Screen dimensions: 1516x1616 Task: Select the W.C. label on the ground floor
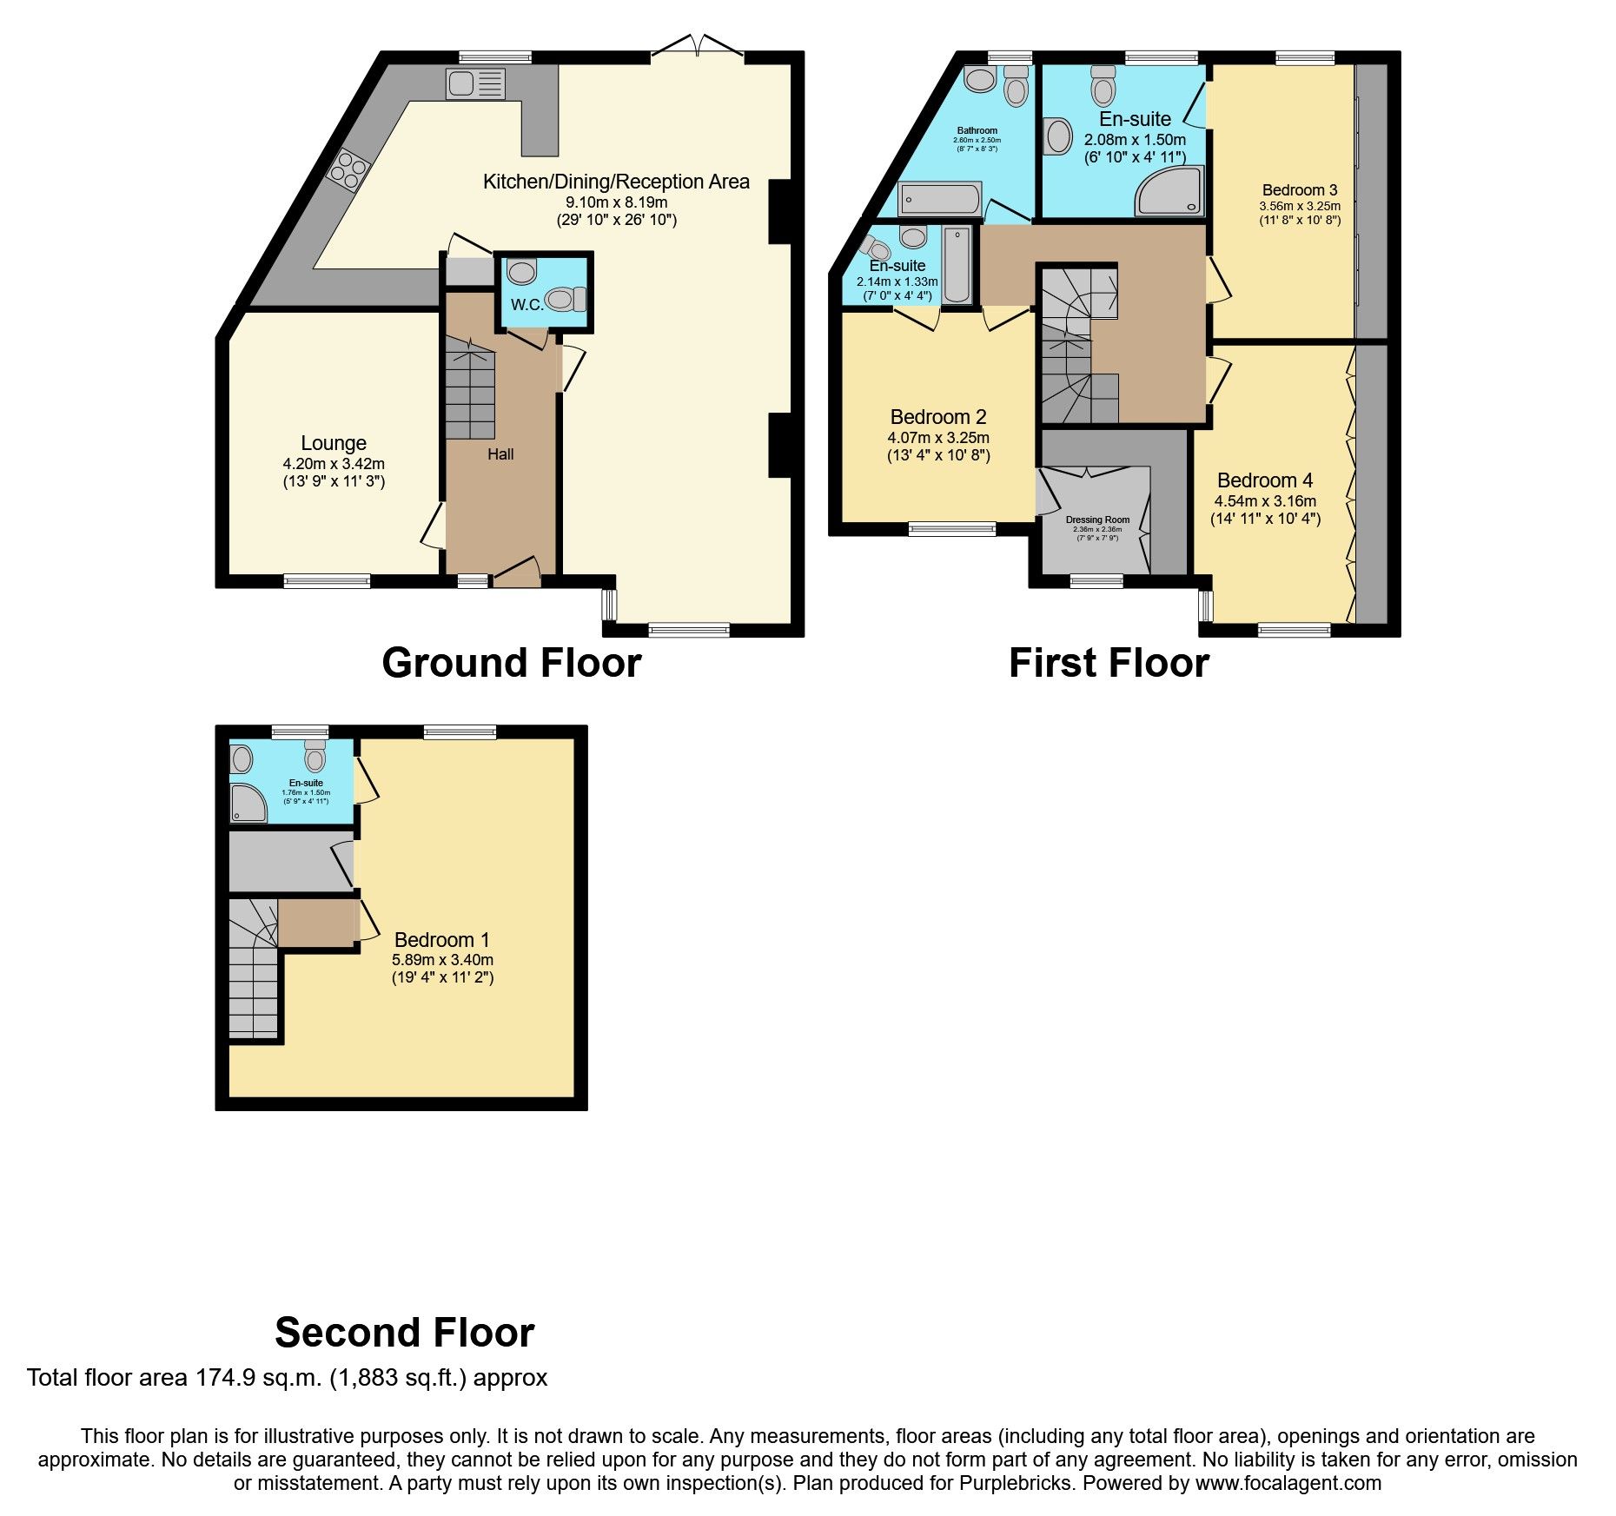tap(527, 304)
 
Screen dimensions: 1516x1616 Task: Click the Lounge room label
tap(334, 443)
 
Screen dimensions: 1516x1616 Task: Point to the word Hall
tap(500, 454)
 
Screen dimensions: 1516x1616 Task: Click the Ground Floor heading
tap(511, 663)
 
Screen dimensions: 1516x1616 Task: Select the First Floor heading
tap(1109, 663)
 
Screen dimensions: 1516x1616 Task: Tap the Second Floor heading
tap(404, 1332)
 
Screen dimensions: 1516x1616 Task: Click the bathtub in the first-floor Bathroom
tap(940, 199)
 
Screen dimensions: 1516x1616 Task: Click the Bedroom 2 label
tap(938, 417)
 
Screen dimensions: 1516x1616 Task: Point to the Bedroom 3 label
tap(1300, 190)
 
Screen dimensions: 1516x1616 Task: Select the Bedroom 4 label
tap(1265, 480)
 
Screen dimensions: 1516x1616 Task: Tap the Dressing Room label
tap(1097, 520)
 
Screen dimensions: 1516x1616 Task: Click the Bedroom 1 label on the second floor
tap(441, 940)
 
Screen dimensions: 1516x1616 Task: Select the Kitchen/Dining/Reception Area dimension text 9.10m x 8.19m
tap(616, 202)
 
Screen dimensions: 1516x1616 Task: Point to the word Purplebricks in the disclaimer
tap(1015, 1483)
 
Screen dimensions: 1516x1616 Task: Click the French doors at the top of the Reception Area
tap(698, 47)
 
